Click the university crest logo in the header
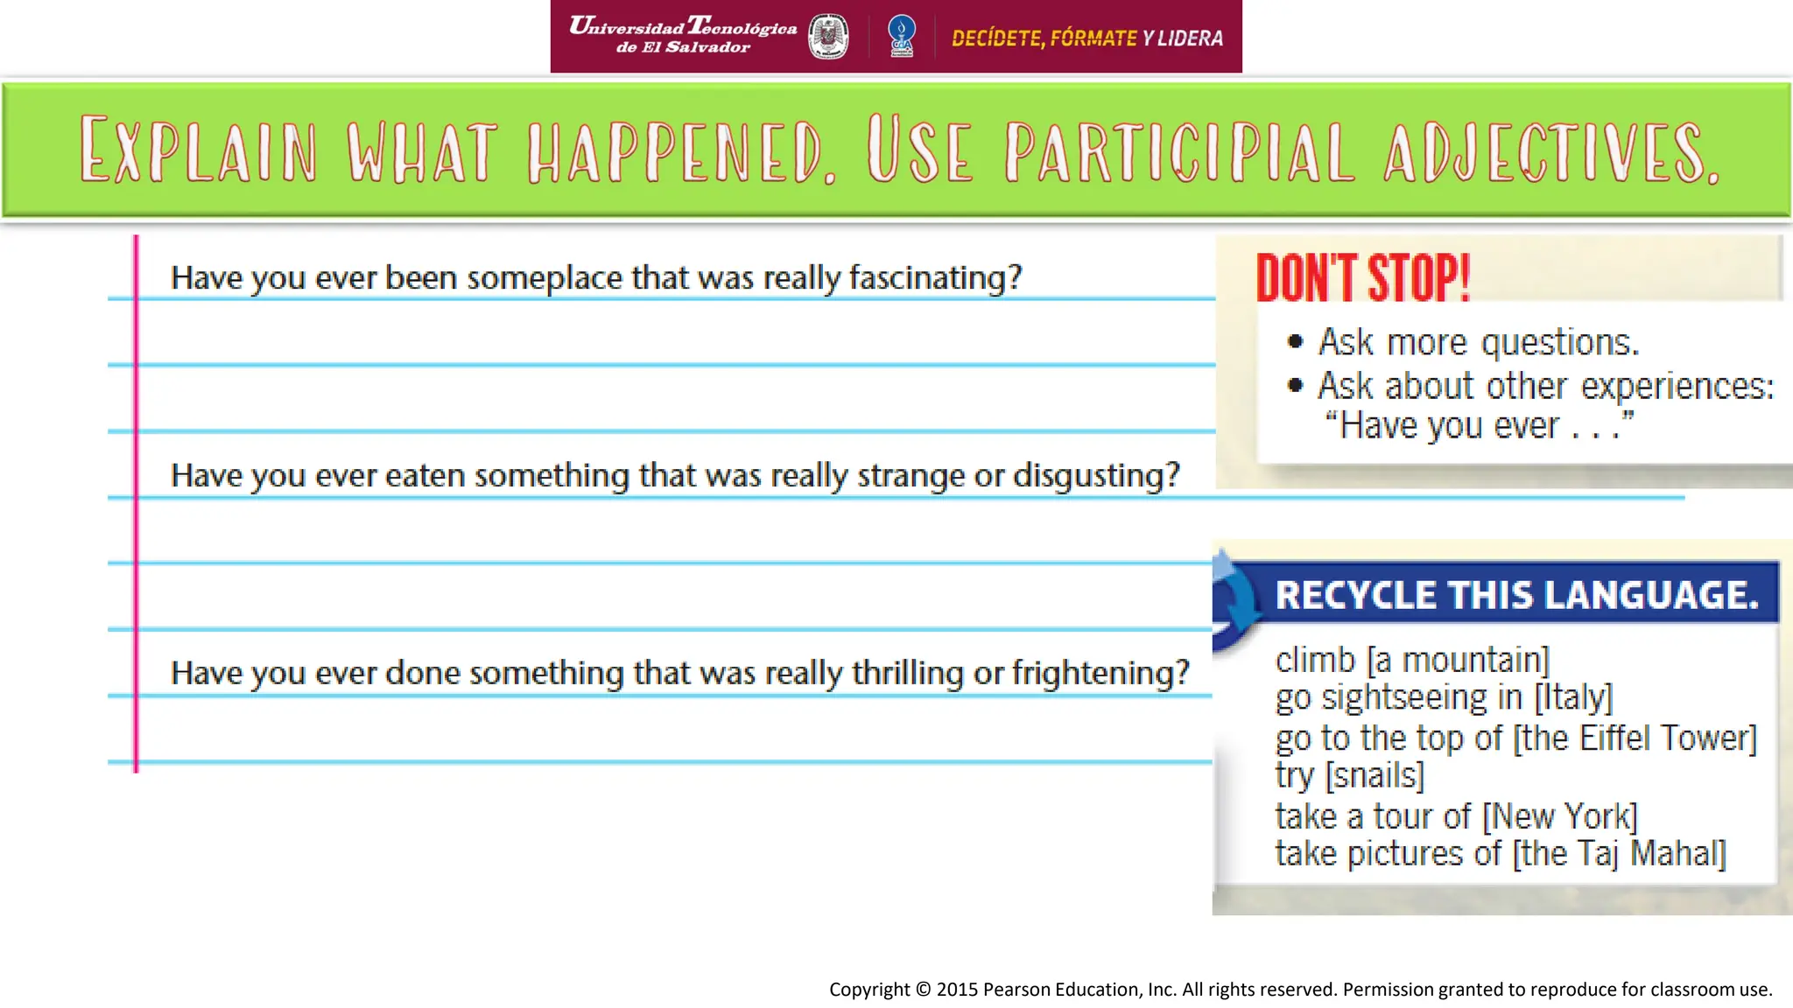827,37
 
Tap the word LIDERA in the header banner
1190,38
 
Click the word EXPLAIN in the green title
198,150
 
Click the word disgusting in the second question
1096,476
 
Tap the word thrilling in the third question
907,674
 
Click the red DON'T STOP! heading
1362,278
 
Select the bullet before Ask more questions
1296,341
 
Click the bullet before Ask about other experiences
1296,385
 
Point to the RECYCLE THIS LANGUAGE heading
1516,595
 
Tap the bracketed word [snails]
1375,776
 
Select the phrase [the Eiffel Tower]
1635,738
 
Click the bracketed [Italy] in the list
1572,697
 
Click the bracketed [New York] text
1559,816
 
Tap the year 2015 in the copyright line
957,990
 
